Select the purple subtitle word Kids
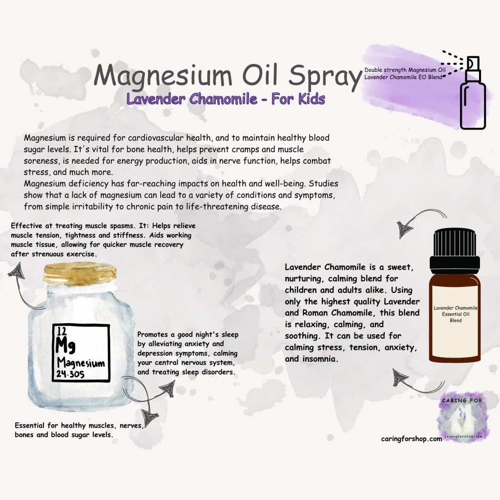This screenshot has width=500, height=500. (312, 99)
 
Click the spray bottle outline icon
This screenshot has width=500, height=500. (472, 93)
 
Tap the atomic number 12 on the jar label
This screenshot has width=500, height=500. (62, 331)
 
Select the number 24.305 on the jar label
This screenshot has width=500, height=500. (70, 374)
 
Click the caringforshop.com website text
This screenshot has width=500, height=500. (411, 439)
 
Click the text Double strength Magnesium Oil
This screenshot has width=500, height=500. (405, 70)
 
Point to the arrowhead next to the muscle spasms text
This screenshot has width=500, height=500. (16, 271)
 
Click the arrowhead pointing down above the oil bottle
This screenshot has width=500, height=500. (404, 229)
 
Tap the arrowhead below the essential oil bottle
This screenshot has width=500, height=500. (400, 378)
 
